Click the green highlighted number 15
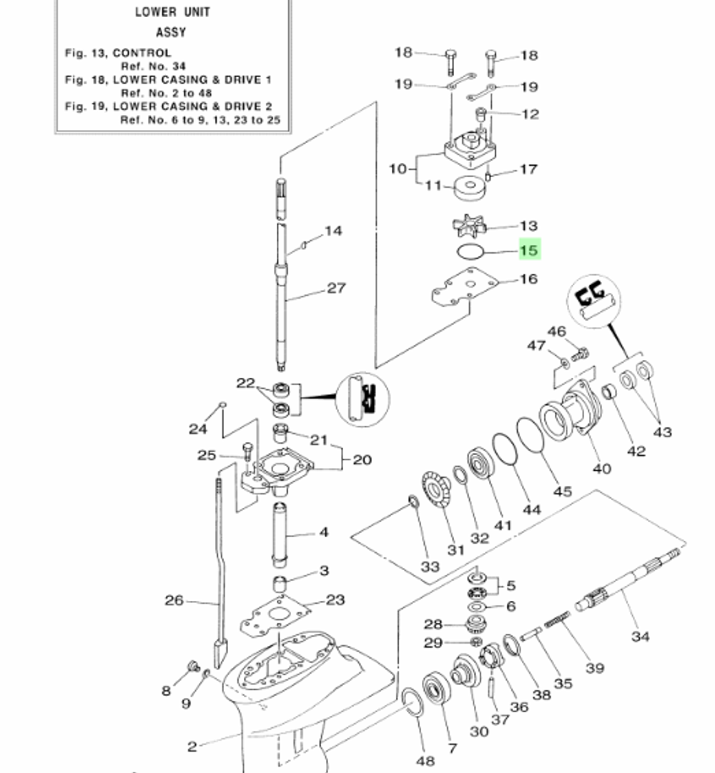point(529,250)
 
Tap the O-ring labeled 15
point(470,251)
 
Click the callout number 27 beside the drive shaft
point(336,288)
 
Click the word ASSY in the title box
point(171,32)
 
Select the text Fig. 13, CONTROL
point(118,53)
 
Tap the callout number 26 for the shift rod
point(174,600)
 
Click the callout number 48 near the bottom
point(425,760)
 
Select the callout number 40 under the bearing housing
point(602,469)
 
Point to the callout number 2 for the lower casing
point(192,747)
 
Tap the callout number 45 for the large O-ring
point(563,492)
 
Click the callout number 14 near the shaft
point(333,231)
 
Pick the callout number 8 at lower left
point(166,690)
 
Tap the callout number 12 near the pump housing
point(530,114)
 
